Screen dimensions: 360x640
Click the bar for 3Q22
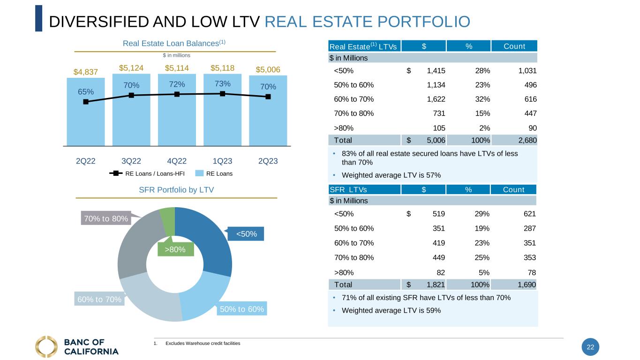(131, 117)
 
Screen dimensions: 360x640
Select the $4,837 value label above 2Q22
(86, 72)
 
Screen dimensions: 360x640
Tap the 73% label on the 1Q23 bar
(223, 83)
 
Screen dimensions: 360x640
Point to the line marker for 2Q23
(268, 97)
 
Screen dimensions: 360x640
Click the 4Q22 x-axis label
(177, 161)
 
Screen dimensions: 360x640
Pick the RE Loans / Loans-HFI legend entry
(147, 173)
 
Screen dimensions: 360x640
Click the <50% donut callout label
(246, 233)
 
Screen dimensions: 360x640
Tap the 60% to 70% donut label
(99, 299)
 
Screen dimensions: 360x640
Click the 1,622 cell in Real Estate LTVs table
(436, 99)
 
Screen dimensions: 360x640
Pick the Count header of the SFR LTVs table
(513, 189)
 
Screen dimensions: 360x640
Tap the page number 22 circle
(590, 347)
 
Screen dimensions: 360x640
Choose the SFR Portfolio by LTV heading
(176, 190)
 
